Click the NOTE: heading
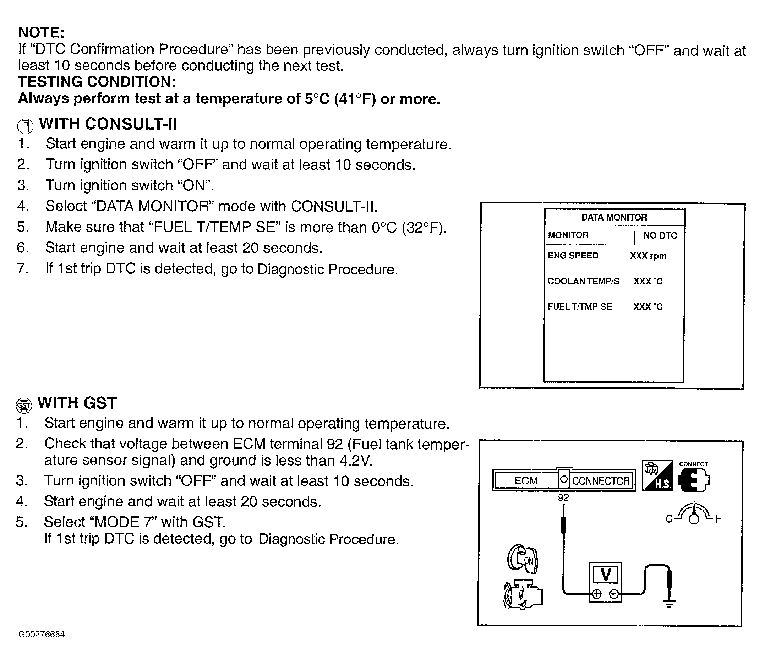coord(42,33)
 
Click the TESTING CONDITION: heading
coord(97,82)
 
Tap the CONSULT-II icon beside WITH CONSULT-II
coord(25,126)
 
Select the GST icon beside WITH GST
coord(24,405)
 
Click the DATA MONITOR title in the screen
coord(614,218)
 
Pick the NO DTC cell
coord(660,235)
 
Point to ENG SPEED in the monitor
coord(573,256)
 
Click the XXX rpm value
coord(648,256)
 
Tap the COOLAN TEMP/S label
coord(583,281)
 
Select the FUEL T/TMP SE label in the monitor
coord(580,307)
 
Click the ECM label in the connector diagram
coord(526,481)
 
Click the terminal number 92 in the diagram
coord(563,498)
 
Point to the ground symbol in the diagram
coord(669,603)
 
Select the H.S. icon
coord(657,476)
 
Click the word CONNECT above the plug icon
coord(693,464)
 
